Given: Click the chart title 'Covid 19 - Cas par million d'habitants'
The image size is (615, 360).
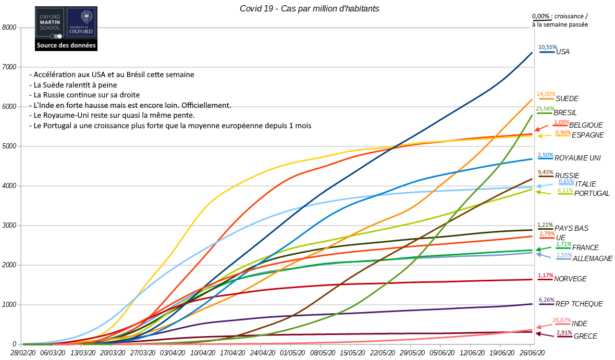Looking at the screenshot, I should click(309, 8).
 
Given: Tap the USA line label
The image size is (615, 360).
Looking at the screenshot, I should click(563, 52).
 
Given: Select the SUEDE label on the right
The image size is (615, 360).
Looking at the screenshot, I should click(567, 98).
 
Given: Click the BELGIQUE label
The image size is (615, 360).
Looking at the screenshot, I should click(586, 126).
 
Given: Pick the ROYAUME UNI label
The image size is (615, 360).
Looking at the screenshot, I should click(578, 158).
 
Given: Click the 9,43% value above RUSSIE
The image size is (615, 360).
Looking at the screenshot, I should click(546, 171).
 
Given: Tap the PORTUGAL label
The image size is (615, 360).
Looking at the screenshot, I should click(592, 194).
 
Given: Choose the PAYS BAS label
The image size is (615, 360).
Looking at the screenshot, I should click(571, 228).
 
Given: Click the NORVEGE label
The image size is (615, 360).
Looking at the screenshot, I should click(570, 279).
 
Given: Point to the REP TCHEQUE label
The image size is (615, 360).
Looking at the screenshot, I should click(579, 304).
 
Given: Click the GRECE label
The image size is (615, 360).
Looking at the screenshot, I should click(585, 337).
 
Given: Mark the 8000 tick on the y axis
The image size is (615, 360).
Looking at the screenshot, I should click(10, 28).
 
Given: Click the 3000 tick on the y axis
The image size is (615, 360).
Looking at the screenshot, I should click(10, 226).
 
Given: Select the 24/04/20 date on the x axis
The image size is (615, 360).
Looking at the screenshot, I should click(261, 353).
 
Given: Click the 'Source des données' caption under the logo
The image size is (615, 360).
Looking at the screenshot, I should click(66, 46).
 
